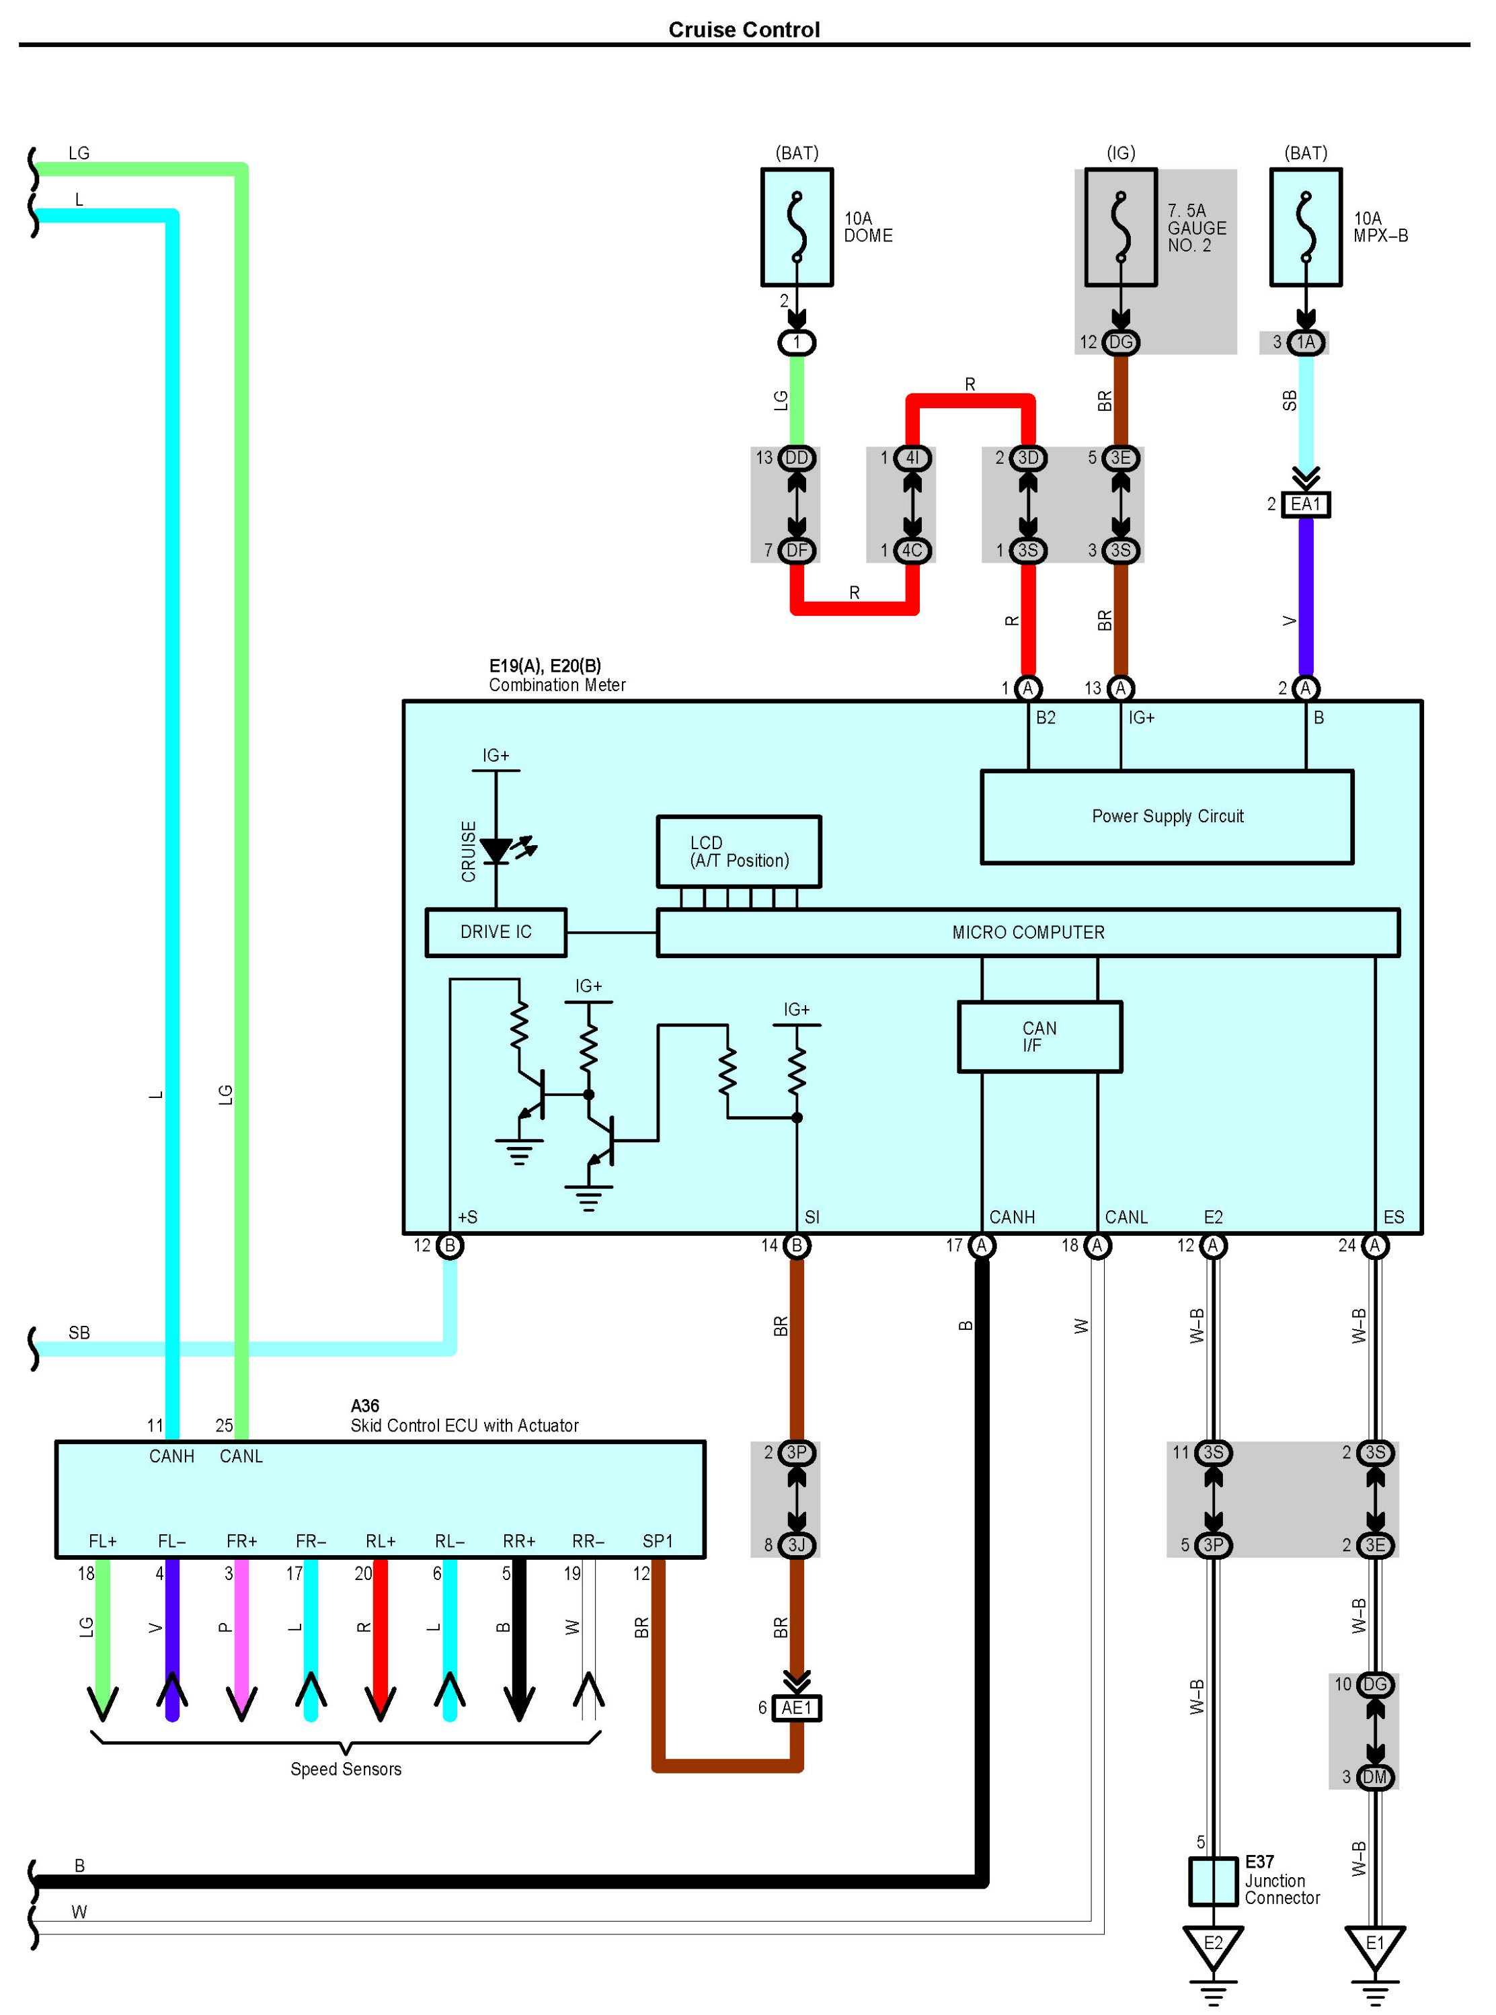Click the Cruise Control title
pos(744,30)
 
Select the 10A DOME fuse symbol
pos(797,227)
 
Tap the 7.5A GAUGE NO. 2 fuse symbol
pos(1120,227)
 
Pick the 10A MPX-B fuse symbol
pos(1305,227)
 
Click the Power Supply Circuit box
pos(1167,817)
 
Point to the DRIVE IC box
pos(496,932)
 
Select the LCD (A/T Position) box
pos(739,851)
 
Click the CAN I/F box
pos(1039,1037)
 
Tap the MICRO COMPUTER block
pos(1028,933)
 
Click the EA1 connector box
pos(1305,504)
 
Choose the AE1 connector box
pos(797,1707)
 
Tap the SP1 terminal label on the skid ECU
pos(658,1540)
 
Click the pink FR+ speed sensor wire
pos(241,1638)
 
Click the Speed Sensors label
pos(346,1769)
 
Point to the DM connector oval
pos(1375,1777)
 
